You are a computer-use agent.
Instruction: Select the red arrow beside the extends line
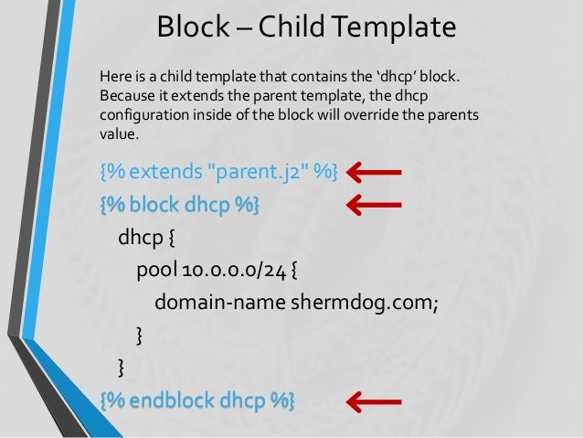pyautogui.click(x=375, y=171)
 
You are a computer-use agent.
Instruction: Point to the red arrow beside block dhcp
pyautogui.click(x=375, y=205)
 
